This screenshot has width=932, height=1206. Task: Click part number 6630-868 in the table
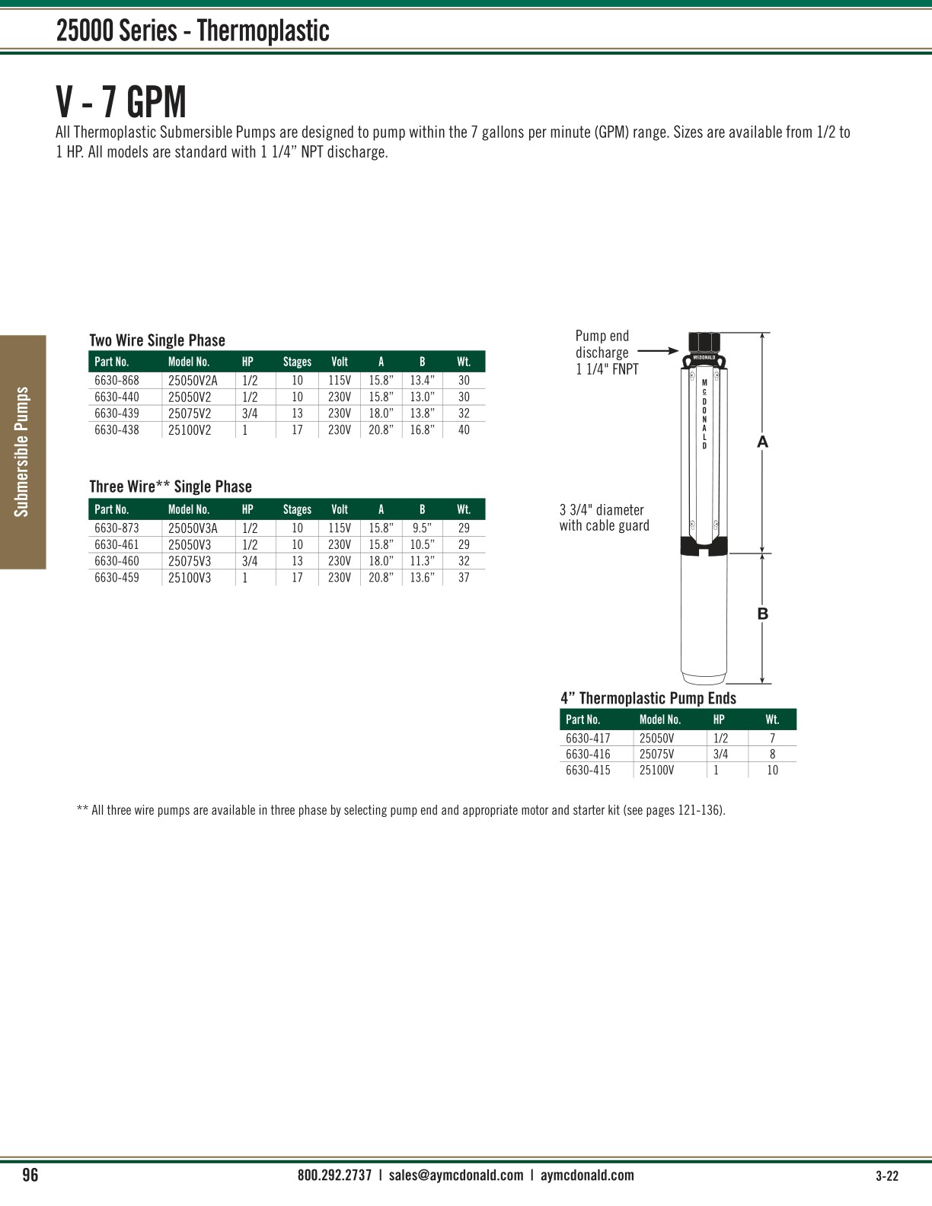pyautogui.click(x=116, y=380)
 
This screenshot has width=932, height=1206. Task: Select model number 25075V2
pyautogui.click(x=190, y=413)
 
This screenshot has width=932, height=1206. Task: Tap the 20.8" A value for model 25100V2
pyautogui.click(x=381, y=430)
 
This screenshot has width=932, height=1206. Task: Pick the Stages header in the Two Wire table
pyautogui.click(x=297, y=362)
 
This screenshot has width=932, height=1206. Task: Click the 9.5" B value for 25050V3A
pyautogui.click(x=422, y=528)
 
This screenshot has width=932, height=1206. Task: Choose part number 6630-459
pyautogui.click(x=116, y=578)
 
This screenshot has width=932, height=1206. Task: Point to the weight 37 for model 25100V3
pyautogui.click(x=464, y=578)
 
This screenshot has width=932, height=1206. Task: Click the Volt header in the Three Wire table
pyautogui.click(x=340, y=509)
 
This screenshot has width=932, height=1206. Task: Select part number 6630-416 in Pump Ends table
pyautogui.click(x=588, y=754)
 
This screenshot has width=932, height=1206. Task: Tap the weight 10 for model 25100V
pyautogui.click(x=772, y=770)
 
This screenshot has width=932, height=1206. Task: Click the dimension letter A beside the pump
pyautogui.click(x=762, y=442)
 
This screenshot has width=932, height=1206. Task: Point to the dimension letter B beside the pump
pyautogui.click(x=762, y=614)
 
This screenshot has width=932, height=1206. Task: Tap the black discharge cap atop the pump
pyautogui.click(x=704, y=343)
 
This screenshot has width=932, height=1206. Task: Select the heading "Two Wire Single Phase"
pyautogui.click(x=157, y=340)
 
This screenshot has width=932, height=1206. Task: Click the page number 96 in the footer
pyautogui.click(x=30, y=1175)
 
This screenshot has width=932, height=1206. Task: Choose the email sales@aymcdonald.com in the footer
pyautogui.click(x=455, y=1175)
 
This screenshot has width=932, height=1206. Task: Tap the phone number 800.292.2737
pyautogui.click(x=334, y=1175)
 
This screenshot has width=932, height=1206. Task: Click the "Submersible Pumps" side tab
pyautogui.click(x=23, y=451)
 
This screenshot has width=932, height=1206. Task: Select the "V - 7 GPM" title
pyautogui.click(x=121, y=101)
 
